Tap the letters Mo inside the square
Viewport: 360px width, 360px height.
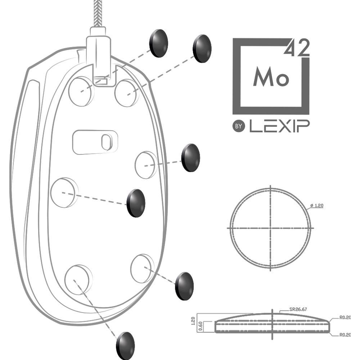pos(271,76)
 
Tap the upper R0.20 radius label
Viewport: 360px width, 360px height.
pos(345,318)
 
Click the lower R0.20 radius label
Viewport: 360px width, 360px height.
pos(345,334)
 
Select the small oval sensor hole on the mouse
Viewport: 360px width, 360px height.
pos(105,142)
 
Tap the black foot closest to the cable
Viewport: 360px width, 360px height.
pos(158,44)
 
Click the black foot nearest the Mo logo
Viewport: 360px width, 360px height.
pos(202,48)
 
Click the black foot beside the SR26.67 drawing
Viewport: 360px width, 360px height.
pos(184,285)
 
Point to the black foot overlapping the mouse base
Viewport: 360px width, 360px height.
pos(137,203)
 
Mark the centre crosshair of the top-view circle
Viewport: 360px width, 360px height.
pos(270,228)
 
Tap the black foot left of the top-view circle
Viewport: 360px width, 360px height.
pos(190,158)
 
